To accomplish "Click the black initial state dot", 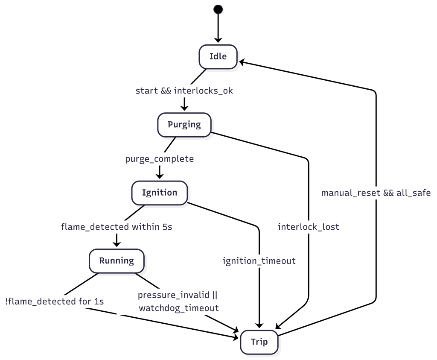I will pyautogui.click(x=218, y=9).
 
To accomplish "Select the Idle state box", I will pyautogui.click(x=218, y=56).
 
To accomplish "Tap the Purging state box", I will pyautogui.click(x=184, y=125).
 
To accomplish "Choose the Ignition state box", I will pyautogui.click(x=160, y=193).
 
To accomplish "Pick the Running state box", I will pyautogui.click(x=117, y=260).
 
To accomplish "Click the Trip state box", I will pyautogui.click(x=259, y=342).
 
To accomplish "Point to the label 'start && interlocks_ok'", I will pyautogui.click(x=184, y=91).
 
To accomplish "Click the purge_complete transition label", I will pyautogui.click(x=160, y=159).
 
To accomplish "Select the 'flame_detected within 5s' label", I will pyautogui.click(x=117, y=227).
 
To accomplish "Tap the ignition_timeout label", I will pyautogui.click(x=259, y=260).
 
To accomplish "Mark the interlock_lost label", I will pyautogui.click(x=308, y=227).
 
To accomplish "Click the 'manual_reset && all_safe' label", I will pyautogui.click(x=376, y=193).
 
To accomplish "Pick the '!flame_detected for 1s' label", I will pyautogui.click(x=55, y=301).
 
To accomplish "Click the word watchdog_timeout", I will pyautogui.click(x=179, y=307).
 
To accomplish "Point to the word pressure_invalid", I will pyautogui.click(x=174, y=296).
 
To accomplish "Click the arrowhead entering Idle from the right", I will pyautogui.click(x=242, y=62).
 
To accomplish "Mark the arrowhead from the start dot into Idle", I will pyautogui.click(x=218, y=40).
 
